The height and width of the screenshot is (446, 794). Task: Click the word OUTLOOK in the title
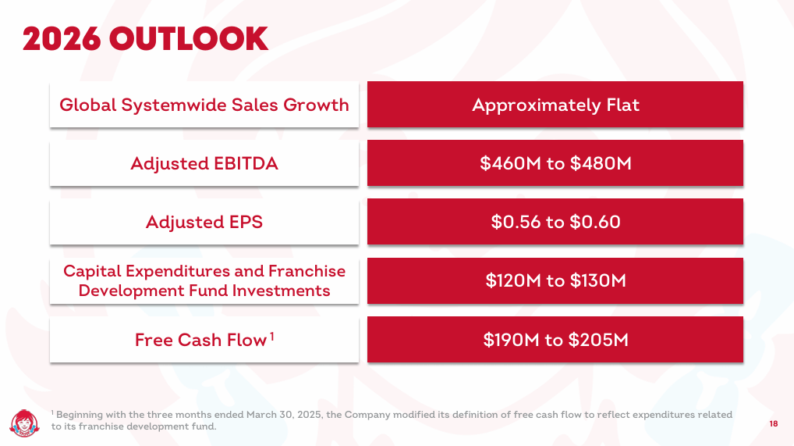click(x=189, y=39)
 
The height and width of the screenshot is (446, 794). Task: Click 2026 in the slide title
click(x=62, y=39)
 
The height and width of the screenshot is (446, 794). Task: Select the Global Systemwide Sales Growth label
click(x=204, y=105)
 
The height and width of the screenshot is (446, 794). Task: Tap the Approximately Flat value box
click(x=555, y=105)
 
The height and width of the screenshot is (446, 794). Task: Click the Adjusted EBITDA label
click(x=204, y=163)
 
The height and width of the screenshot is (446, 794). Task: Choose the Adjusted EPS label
click(x=204, y=222)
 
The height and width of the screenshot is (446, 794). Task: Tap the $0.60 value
click(x=595, y=222)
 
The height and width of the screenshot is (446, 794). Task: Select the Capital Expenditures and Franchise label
click(x=204, y=271)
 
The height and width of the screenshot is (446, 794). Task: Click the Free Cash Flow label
click(x=200, y=340)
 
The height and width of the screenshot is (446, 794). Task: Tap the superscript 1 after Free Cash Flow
click(x=272, y=337)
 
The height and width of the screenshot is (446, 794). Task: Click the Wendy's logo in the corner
click(x=24, y=423)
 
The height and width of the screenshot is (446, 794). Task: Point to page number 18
click(x=773, y=423)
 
